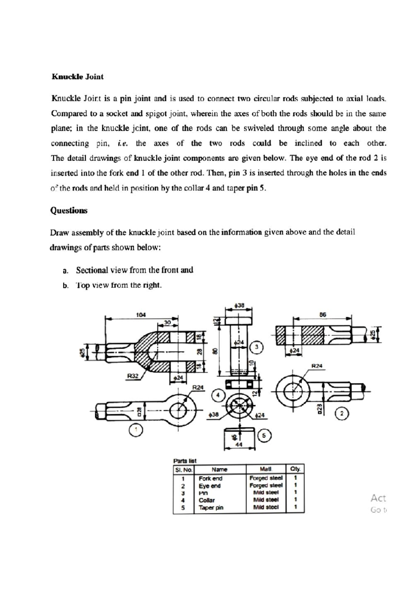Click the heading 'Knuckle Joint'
click(77, 77)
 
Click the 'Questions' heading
click(69, 210)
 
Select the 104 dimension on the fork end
click(141, 315)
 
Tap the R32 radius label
click(133, 376)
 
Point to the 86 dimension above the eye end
click(323, 314)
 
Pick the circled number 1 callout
click(136, 430)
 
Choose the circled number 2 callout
click(342, 414)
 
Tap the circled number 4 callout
click(218, 395)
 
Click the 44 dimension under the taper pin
click(239, 445)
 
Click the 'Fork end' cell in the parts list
click(210, 479)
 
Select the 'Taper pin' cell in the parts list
click(211, 508)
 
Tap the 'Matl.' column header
click(266, 469)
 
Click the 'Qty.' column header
click(295, 469)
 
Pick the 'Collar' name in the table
click(207, 500)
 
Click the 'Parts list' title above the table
click(185, 461)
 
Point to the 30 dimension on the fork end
click(168, 322)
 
